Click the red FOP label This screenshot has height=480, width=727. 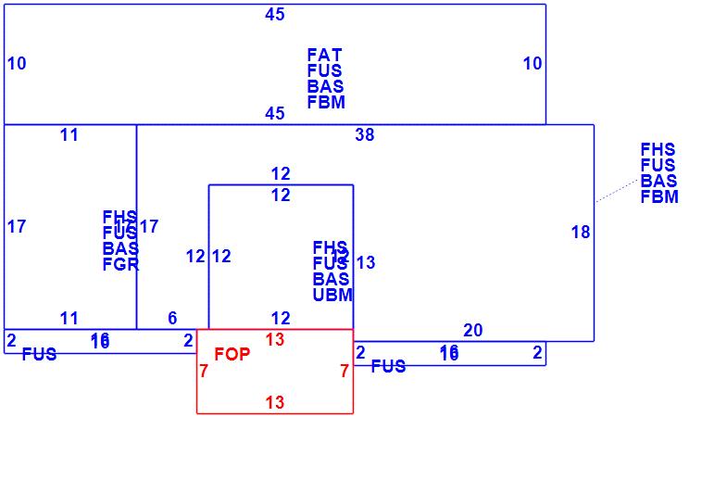coord(232,354)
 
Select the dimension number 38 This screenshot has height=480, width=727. coord(365,135)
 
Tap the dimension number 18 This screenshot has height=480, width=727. coord(581,233)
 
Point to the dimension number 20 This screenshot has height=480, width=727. coord(473,331)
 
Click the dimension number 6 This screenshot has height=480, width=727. coord(172,319)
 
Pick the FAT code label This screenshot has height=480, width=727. coord(324,56)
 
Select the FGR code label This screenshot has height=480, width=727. coord(120,265)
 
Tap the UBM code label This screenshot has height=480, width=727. coord(332,296)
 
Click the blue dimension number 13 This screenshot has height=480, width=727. coord(366,263)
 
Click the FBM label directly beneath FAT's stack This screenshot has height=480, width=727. coord(326,103)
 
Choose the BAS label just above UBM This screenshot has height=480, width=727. coord(331,280)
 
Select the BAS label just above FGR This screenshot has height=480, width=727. coord(120,249)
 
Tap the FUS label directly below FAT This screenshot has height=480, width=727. coord(324,71)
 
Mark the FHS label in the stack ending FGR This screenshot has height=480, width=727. coord(120,218)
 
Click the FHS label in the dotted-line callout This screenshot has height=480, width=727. coord(658,150)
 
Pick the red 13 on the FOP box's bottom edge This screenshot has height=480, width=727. coord(275,403)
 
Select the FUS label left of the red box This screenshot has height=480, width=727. coord(39,355)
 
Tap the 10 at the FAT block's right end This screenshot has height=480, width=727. coord(533,64)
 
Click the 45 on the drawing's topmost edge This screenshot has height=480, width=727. coord(275,15)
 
